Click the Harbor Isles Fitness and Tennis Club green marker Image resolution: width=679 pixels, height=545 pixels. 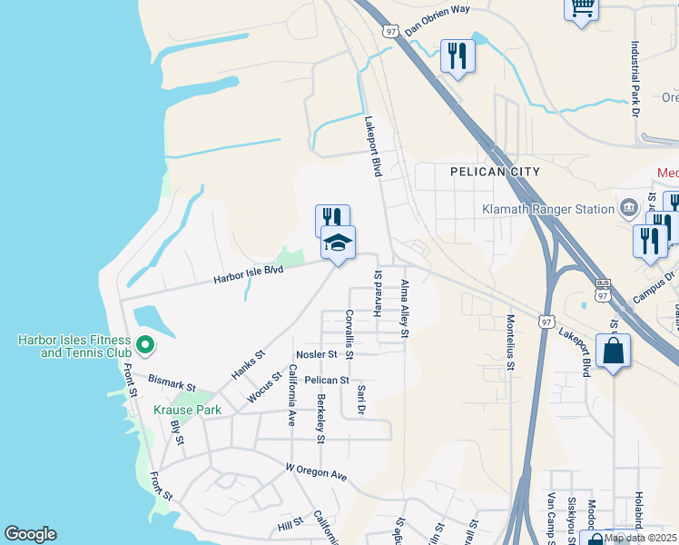143,345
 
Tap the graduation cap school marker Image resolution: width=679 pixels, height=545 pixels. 338,243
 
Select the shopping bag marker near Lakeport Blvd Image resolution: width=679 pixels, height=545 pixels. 613,351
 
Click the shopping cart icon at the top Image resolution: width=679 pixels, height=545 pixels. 581,7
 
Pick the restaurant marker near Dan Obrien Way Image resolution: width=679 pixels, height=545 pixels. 458,56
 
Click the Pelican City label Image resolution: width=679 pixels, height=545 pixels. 495,172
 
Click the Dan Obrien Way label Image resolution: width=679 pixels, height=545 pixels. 438,20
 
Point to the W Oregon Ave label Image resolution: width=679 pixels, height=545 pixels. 317,473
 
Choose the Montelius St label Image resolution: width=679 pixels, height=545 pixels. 511,342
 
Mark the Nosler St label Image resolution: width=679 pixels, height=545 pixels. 317,353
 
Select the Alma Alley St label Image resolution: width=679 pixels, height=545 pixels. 405,310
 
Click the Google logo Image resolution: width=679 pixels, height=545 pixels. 30,534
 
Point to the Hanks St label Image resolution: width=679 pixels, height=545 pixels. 247,364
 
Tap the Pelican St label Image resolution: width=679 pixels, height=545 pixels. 327,380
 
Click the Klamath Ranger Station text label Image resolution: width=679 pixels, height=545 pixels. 549,209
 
